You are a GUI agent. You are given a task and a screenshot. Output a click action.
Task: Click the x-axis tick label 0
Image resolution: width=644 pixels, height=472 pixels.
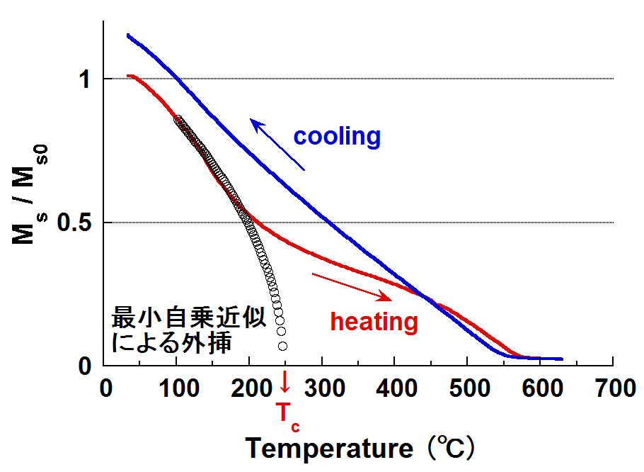pos(106,389)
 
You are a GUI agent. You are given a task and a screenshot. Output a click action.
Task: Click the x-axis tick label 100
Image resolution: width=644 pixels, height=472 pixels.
pos(178,389)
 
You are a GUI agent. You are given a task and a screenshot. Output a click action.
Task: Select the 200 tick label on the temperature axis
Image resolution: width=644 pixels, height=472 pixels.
pos(251,389)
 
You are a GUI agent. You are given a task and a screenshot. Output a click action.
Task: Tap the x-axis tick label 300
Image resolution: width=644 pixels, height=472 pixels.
pos(323,389)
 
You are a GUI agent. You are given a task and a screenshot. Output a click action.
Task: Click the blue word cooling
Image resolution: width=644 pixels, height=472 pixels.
pos(337,136)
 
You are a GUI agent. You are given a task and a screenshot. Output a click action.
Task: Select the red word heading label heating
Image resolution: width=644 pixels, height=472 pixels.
pos(374,322)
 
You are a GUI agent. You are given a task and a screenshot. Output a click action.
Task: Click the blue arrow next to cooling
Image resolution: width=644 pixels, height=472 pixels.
pos(277,145)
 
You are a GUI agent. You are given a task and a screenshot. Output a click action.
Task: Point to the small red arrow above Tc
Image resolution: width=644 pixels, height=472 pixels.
pos(285,382)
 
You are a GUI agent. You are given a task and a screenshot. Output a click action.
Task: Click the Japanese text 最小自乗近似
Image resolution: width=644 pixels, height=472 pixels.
pos(189,318)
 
